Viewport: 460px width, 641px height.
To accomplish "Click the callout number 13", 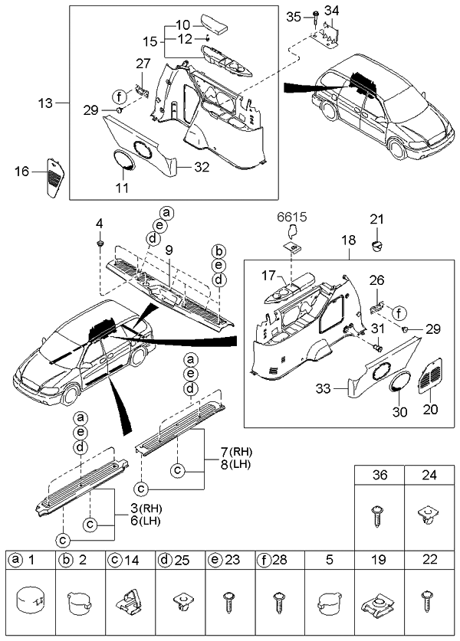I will coord(48,102).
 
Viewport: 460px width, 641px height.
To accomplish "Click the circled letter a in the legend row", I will coord(15,560).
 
